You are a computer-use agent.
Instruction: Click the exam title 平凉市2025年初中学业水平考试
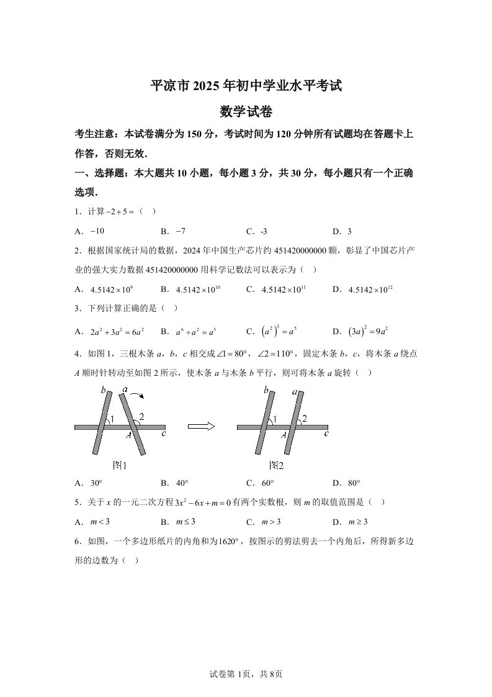tap(246, 86)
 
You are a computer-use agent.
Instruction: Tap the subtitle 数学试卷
tap(246, 112)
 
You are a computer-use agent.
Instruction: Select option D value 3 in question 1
tap(348, 232)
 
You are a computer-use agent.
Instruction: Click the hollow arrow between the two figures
tap(201, 426)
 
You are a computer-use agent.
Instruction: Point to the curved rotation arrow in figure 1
tap(138, 393)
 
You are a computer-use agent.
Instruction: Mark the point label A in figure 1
tap(128, 435)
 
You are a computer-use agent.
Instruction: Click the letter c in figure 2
tap(325, 433)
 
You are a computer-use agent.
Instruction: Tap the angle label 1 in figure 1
tap(111, 419)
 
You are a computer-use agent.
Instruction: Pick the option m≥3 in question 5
tap(359, 522)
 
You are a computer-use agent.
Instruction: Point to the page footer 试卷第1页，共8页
tap(246, 673)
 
